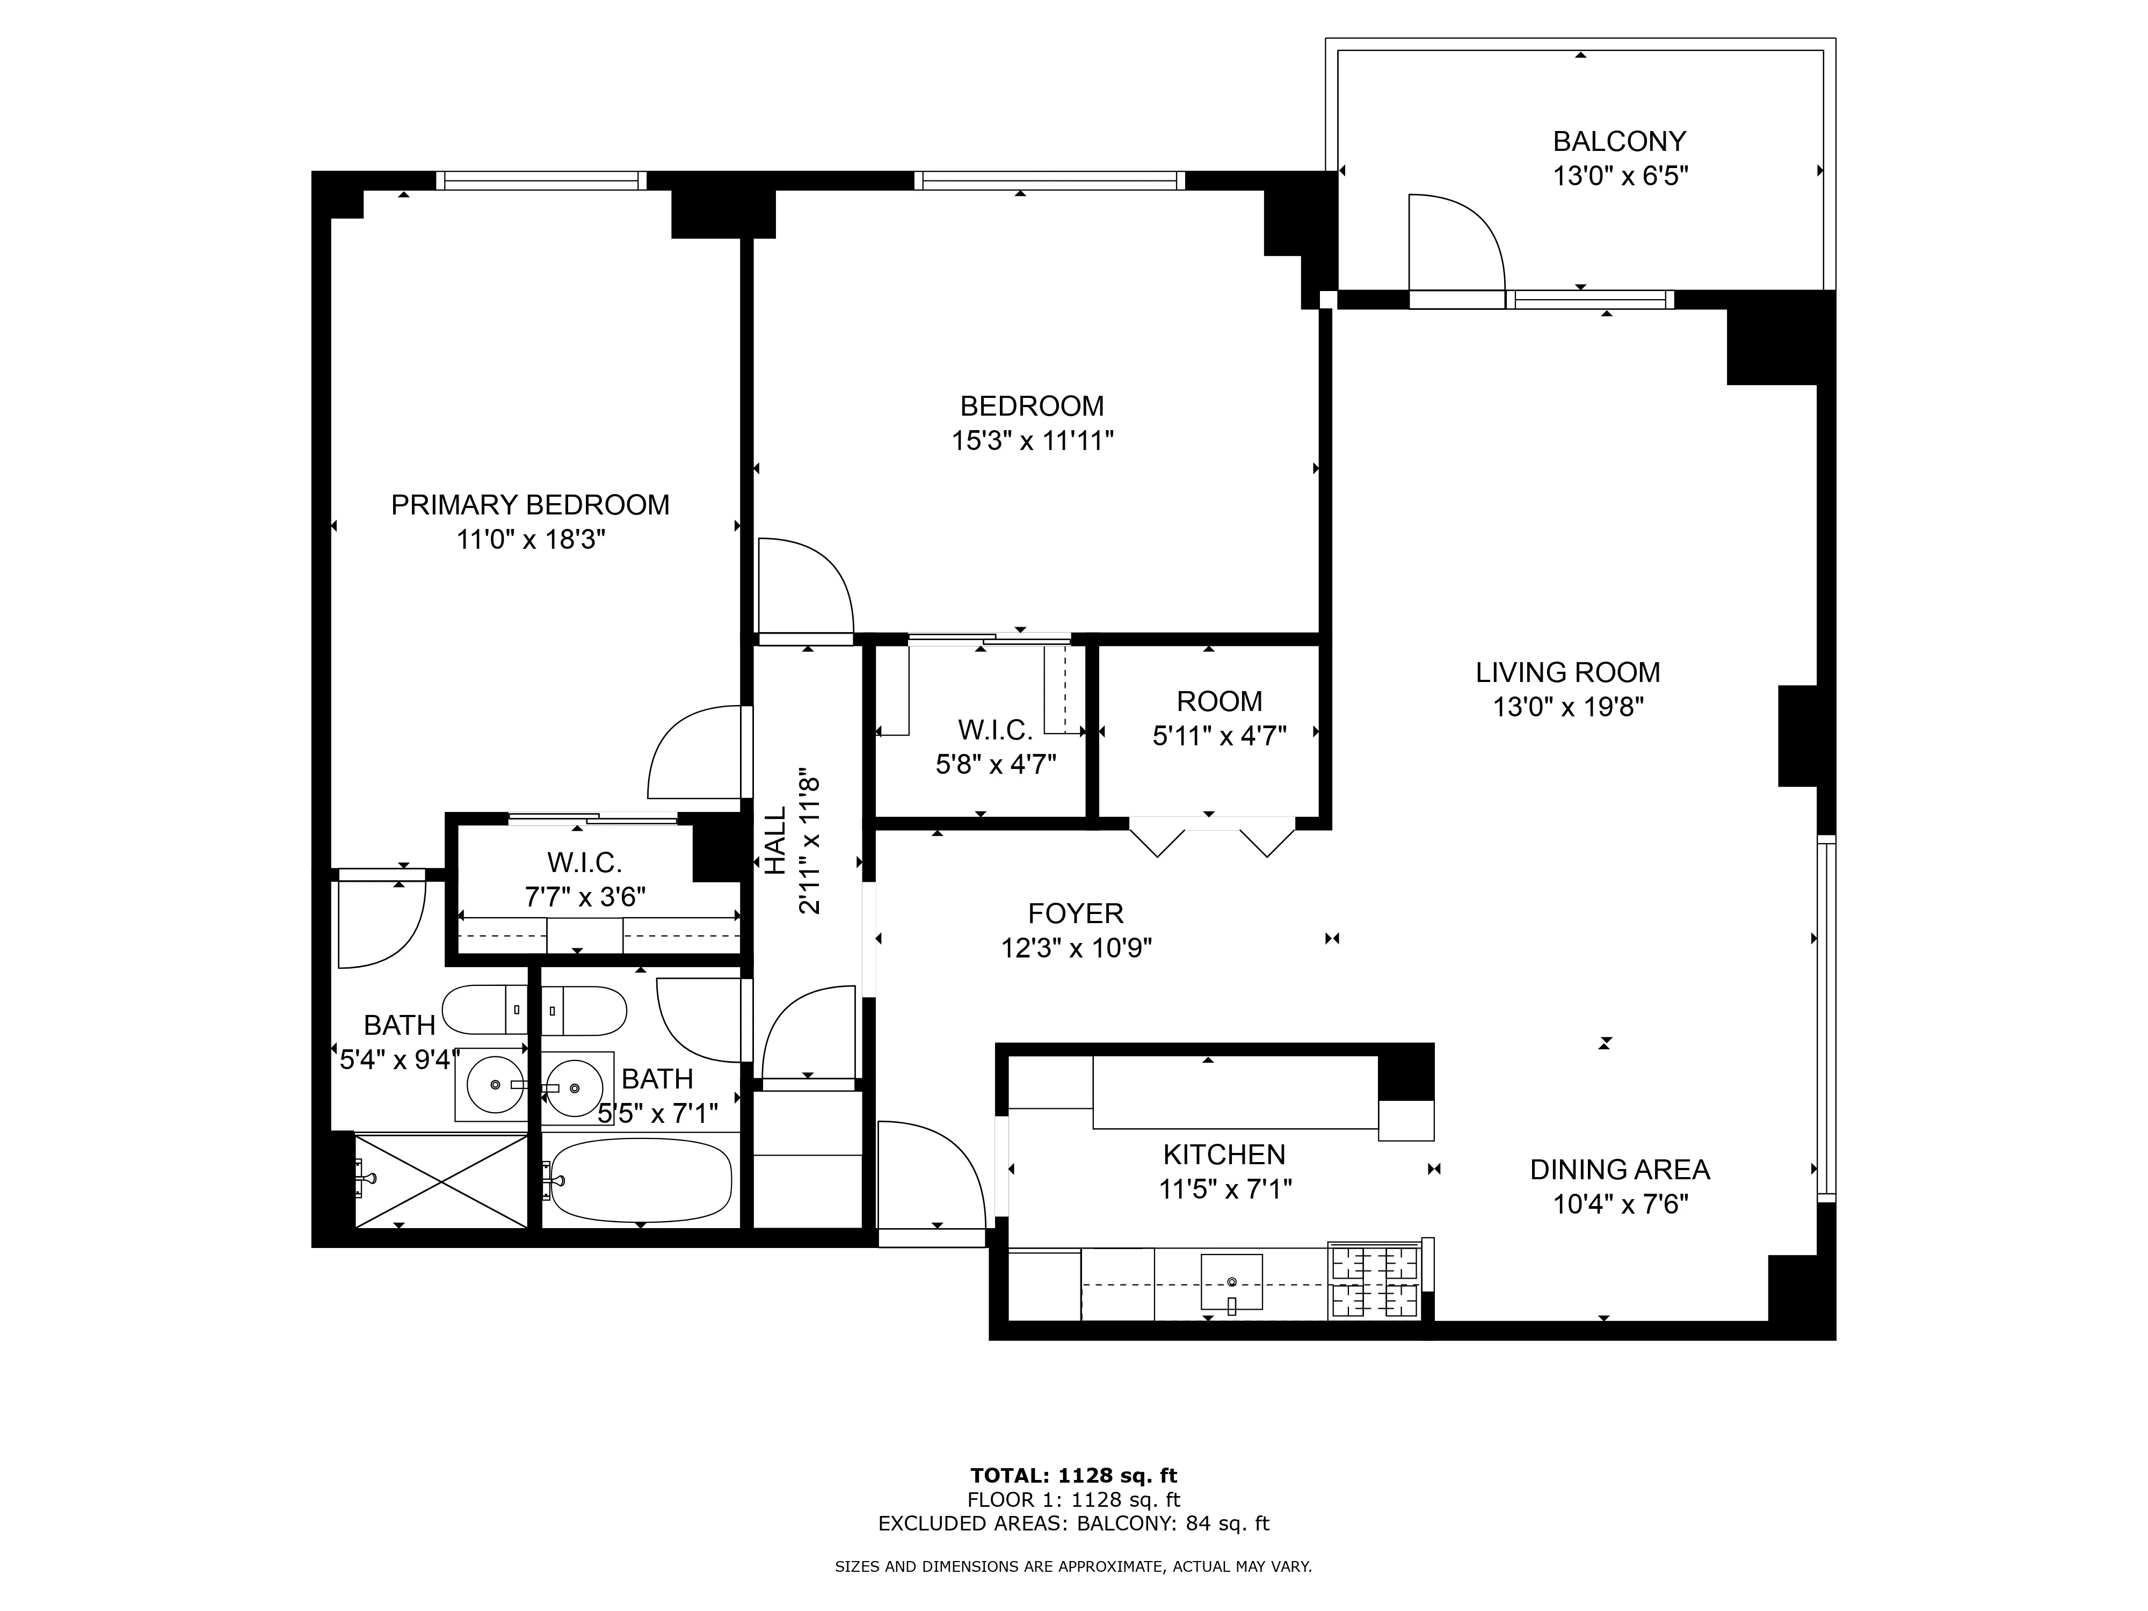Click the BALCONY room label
[1619, 142]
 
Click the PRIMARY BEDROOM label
[530, 505]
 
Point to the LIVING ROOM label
[1568, 672]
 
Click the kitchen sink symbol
[1231, 1282]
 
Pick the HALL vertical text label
[775, 841]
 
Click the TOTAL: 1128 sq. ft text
[1073, 1477]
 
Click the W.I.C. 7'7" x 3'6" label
[585, 862]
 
